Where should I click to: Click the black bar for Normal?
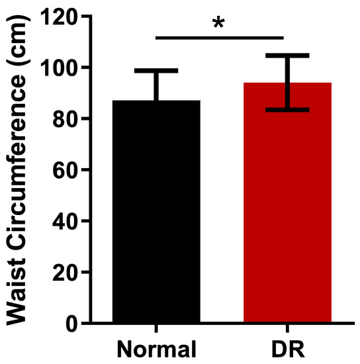click(x=156, y=212)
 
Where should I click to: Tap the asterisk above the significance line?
click(x=218, y=23)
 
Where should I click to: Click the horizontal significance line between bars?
click(x=219, y=38)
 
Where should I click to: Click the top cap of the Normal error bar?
click(x=156, y=70)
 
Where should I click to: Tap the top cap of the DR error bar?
click(x=287, y=55)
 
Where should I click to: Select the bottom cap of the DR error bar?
click(x=287, y=109)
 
